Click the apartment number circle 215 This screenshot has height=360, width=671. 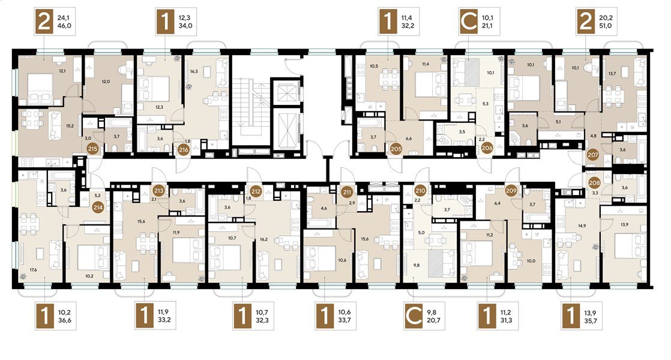[x=93, y=150]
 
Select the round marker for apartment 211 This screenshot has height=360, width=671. [x=347, y=192]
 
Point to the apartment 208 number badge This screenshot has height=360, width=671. [x=594, y=182]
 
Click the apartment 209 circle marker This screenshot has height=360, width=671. [x=512, y=191]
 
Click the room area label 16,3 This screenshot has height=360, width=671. [x=193, y=71]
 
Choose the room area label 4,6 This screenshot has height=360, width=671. [x=323, y=209]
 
